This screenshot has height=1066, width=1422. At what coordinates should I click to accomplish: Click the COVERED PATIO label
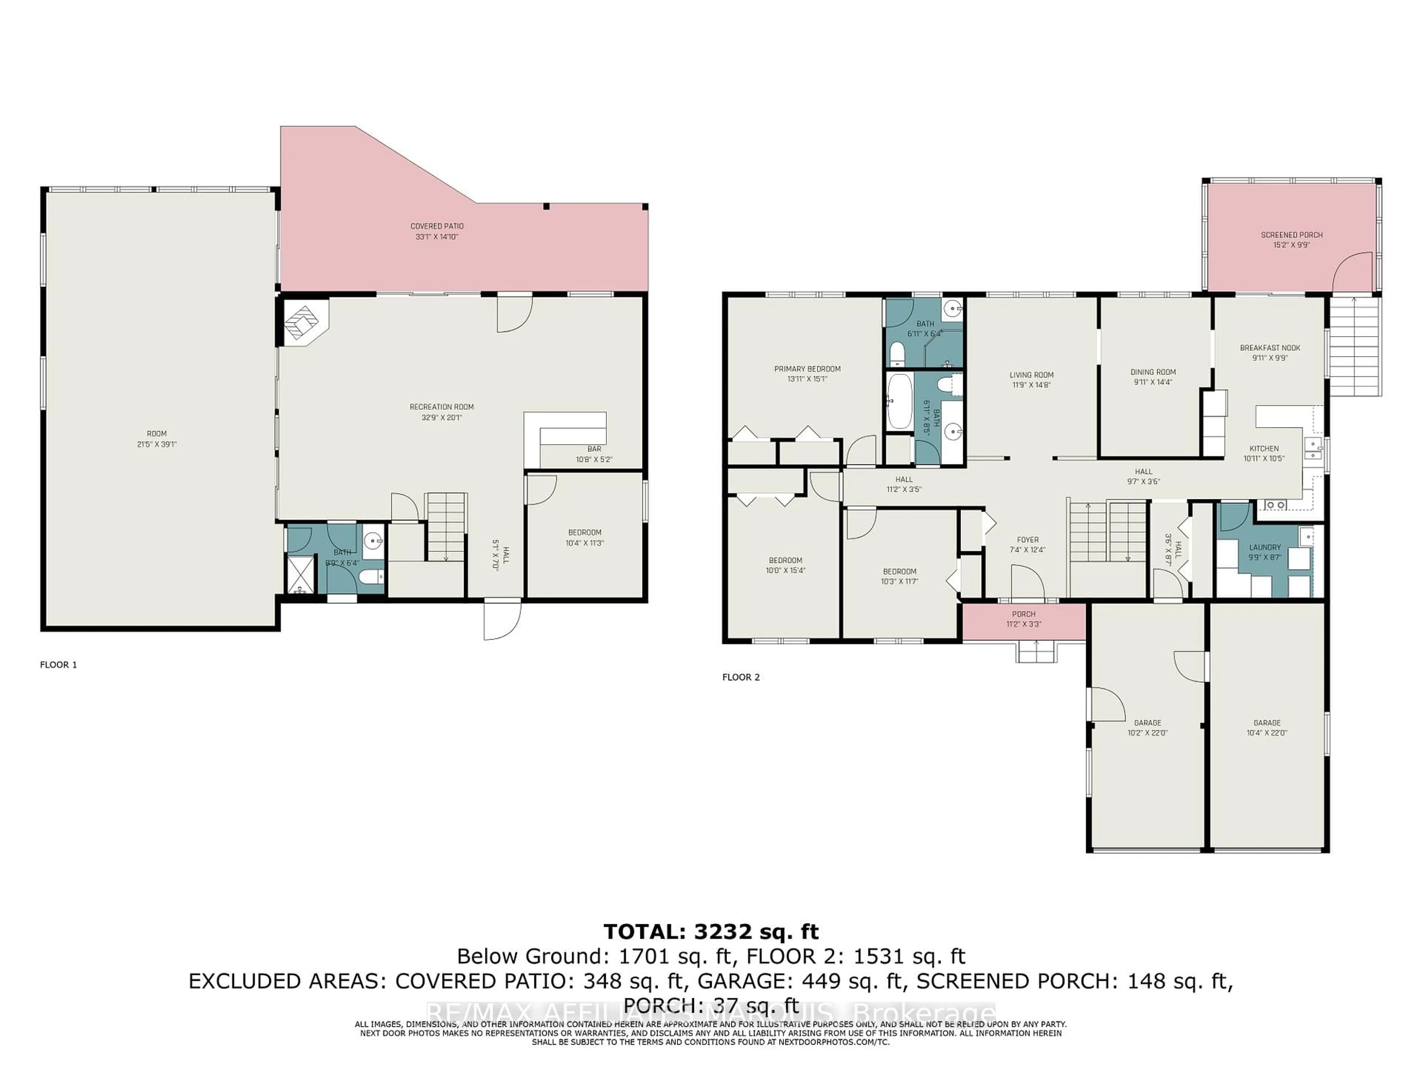[437, 226]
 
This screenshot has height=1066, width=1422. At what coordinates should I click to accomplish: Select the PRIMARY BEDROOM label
[807, 369]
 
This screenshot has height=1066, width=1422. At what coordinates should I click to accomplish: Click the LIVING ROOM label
[1031, 375]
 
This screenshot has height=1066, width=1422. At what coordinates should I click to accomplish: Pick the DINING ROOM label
[1153, 372]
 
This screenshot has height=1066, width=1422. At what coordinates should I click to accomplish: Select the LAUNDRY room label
[1265, 547]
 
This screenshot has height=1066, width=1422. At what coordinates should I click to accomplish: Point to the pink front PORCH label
[1024, 614]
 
